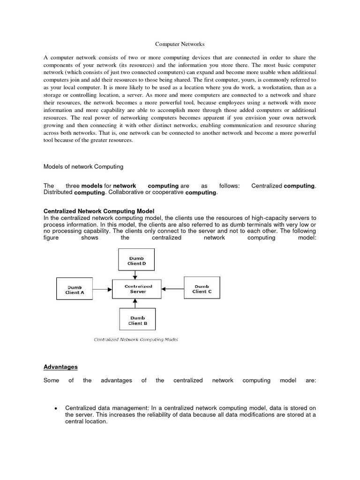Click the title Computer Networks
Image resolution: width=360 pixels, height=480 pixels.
click(x=180, y=45)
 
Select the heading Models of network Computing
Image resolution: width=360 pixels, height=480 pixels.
click(x=83, y=166)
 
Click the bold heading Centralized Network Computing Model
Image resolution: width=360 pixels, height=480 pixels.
click(x=99, y=211)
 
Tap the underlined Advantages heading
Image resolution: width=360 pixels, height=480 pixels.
click(x=60, y=367)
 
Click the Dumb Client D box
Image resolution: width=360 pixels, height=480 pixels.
click(x=135, y=261)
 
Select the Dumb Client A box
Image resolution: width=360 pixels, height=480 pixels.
click(x=75, y=289)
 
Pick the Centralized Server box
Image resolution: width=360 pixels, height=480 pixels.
click(x=138, y=289)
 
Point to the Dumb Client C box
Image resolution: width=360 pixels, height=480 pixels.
click(x=202, y=289)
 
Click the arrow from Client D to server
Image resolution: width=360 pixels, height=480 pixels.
click(x=135, y=275)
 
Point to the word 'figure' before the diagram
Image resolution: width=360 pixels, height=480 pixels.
click(x=52, y=238)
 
